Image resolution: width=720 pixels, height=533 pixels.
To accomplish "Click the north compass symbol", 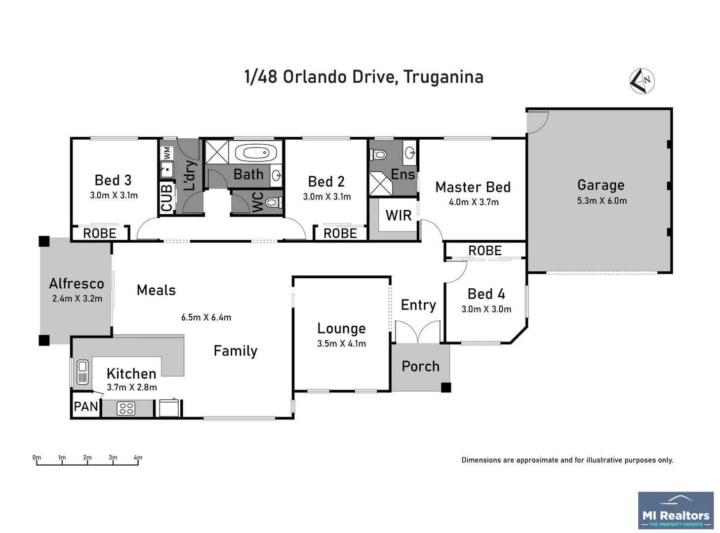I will coord(642,80).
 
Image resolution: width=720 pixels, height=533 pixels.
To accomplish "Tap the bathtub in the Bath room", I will coord(255,153).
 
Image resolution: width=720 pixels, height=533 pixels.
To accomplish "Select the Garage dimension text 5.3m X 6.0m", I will coord(601,201).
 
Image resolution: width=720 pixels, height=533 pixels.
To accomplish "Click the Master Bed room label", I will coord(473,187).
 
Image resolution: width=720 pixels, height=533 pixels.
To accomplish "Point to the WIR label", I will coord(398,215).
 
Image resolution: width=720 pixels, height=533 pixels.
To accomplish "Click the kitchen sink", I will coord(82,372).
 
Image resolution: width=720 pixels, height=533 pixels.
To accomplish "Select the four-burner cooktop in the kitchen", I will coord(126,408).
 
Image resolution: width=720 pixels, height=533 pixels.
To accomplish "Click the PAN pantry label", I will coord(86,407).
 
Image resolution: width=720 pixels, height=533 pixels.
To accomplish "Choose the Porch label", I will coord(420,366).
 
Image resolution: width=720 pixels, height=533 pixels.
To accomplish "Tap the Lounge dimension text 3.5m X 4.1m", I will coord(341,343).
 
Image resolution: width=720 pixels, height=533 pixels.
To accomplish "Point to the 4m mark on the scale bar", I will coord(138,458).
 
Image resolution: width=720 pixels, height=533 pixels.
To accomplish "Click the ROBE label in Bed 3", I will coord(99,233).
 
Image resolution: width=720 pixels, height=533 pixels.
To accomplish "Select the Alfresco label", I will coord(77,283).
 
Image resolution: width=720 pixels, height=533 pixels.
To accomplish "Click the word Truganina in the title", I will coord(443,77).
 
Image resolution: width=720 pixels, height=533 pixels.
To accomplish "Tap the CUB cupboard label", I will coord(167,198).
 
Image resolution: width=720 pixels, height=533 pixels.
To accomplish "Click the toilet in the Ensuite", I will coord(379,154).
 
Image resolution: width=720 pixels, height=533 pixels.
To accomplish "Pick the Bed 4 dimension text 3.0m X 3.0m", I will coord(486,309).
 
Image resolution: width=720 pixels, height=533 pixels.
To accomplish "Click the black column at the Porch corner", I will coord(446,387).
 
